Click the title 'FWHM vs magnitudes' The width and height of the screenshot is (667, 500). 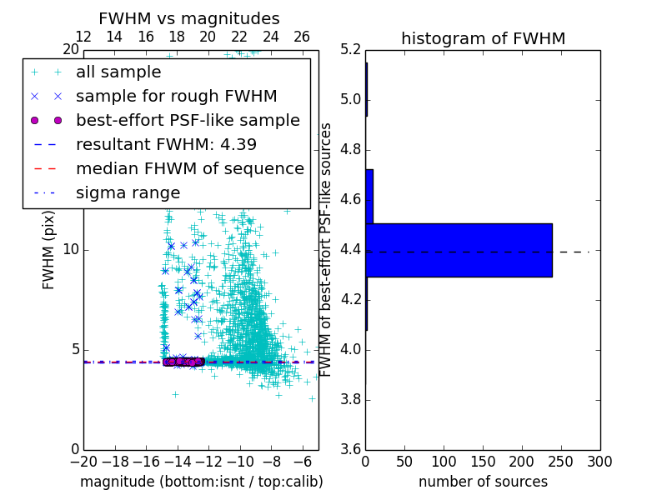point(189,18)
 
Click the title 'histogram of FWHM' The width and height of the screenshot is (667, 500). point(483,38)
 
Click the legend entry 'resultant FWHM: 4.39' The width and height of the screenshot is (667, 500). point(166,144)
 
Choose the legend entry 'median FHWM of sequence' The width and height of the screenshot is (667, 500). point(189,168)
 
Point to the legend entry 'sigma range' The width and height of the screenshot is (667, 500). point(128,192)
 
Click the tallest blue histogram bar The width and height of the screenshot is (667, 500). point(459,250)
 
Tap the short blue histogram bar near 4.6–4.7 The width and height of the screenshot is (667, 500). point(369,196)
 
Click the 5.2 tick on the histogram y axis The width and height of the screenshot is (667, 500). point(351,50)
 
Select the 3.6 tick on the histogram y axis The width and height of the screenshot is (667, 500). point(351,449)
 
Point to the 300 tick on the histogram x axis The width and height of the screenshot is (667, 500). point(599,462)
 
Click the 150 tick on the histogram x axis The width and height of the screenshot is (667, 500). point(483,462)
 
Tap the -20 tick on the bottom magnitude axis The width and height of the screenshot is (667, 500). point(83,462)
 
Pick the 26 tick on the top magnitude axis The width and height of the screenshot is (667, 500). point(302,37)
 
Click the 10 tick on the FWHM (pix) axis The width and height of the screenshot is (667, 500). point(70,250)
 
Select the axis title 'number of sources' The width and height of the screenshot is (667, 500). point(483,482)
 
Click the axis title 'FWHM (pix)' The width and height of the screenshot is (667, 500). point(49,250)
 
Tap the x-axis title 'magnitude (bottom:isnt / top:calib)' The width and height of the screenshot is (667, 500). point(201,482)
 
